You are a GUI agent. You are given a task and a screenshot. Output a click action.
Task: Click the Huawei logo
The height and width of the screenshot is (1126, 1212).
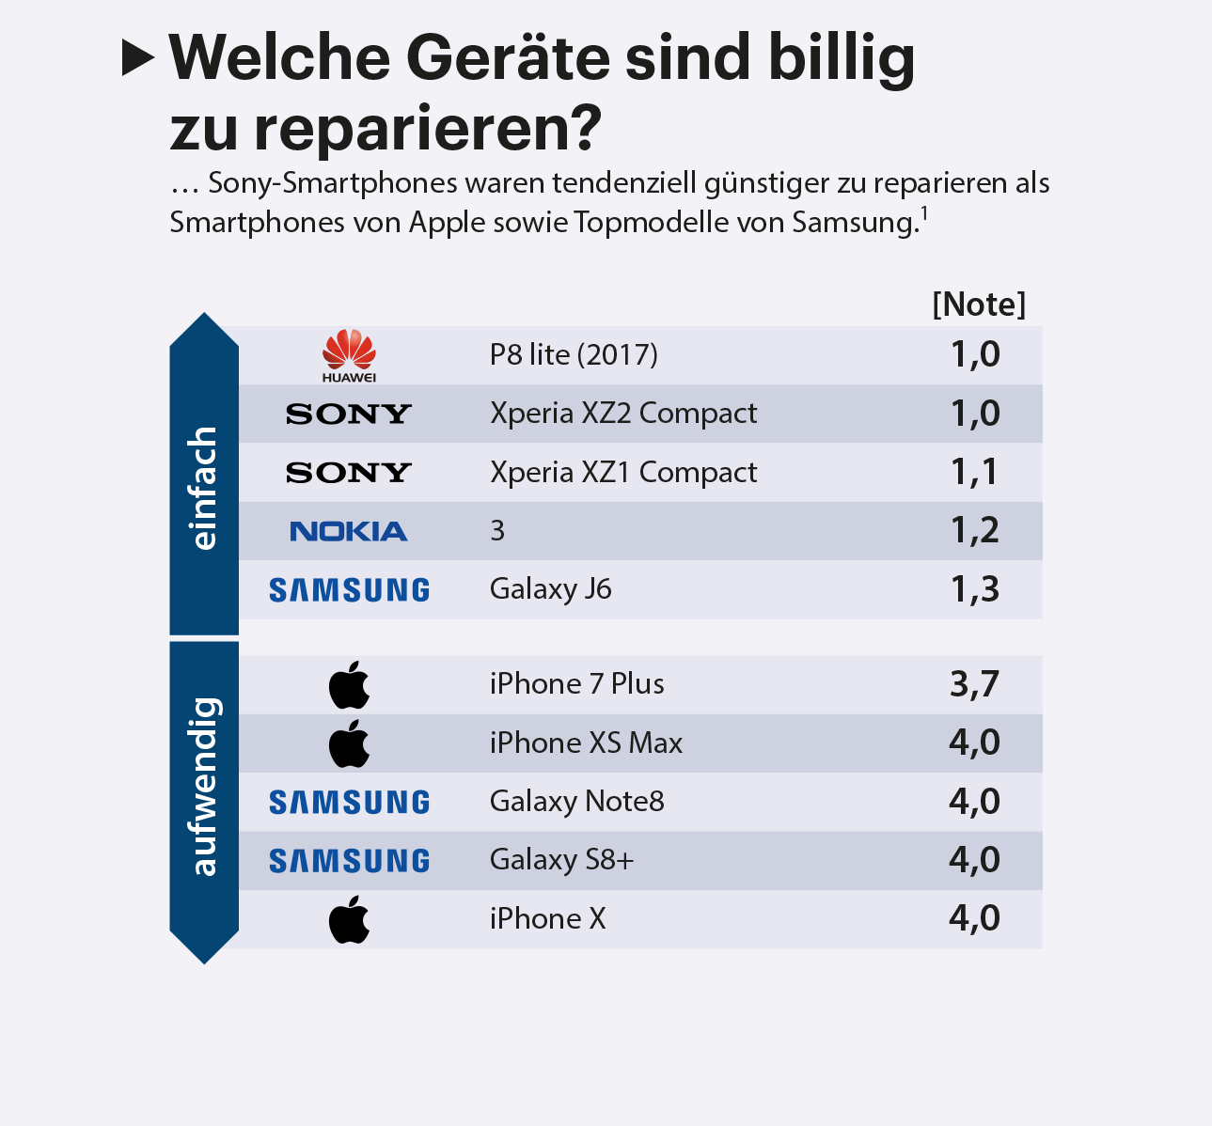[x=349, y=355]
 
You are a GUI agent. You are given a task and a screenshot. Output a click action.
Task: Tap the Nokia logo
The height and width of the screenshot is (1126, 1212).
[x=349, y=531]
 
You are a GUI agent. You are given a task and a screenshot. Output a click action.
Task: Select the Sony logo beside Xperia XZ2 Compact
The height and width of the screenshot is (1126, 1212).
[x=349, y=414]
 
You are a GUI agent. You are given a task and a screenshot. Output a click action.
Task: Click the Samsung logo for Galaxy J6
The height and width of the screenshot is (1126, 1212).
[x=349, y=590]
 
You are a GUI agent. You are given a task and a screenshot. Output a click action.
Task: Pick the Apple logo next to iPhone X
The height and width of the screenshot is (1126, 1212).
[x=349, y=919]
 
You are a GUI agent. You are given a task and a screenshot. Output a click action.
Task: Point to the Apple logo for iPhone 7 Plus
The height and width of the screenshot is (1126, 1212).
[x=349, y=684]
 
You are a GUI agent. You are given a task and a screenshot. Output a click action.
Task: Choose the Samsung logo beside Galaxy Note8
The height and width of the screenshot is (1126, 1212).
[x=349, y=802]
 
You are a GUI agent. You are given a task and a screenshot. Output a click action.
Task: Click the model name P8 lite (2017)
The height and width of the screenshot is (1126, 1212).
[x=574, y=355]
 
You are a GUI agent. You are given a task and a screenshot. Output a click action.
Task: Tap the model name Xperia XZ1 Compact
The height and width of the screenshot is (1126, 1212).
[x=622, y=472]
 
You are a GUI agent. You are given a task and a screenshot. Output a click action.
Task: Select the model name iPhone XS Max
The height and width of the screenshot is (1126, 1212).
[x=586, y=743]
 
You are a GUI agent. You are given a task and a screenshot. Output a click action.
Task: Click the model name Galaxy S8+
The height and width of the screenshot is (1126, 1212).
[x=561, y=860]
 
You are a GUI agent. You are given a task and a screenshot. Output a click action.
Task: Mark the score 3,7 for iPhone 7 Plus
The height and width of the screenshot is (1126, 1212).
[x=974, y=684]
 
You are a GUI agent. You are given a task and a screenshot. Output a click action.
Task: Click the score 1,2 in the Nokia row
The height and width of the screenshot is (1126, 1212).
[x=974, y=531]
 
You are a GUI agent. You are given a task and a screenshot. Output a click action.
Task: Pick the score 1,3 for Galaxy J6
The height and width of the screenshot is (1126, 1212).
[x=974, y=590]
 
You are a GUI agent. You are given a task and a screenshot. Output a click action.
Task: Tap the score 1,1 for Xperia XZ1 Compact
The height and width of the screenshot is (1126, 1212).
[x=974, y=472]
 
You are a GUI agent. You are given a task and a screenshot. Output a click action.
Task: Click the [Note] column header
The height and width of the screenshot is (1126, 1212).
[x=979, y=305]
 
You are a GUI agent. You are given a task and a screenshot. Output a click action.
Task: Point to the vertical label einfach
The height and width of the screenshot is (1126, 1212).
[x=204, y=488]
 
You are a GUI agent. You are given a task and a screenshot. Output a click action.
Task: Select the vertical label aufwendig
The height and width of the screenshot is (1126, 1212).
[x=204, y=786]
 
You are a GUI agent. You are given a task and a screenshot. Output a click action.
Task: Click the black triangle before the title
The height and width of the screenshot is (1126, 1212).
[x=137, y=59]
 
